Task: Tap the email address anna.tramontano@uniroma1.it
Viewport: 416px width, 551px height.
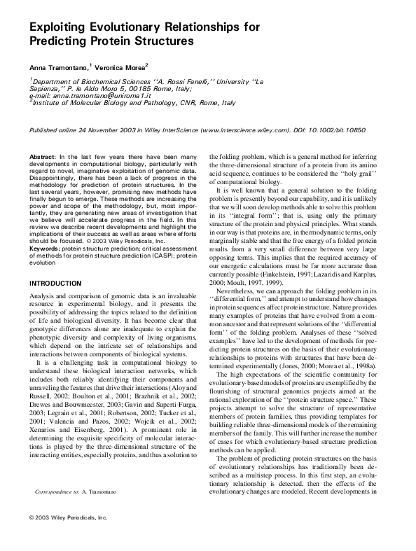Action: click(78, 95)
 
